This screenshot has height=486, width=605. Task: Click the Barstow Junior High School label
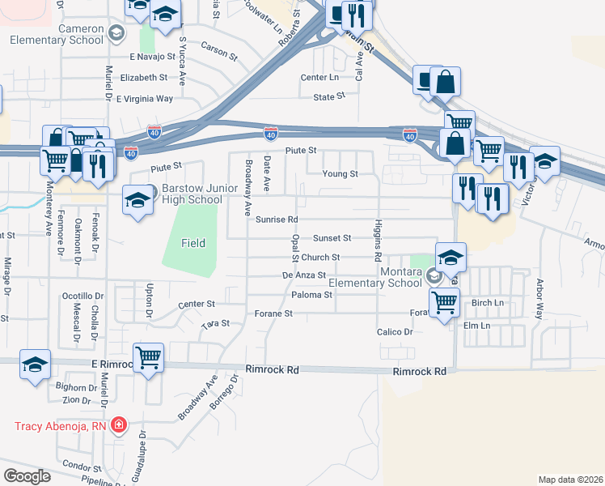tap(191, 193)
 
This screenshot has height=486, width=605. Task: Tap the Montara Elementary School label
tap(376, 277)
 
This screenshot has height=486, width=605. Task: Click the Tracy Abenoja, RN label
tap(61, 425)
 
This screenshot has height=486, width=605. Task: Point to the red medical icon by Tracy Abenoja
tap(119, 424)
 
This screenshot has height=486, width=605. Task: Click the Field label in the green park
tap(192, 242)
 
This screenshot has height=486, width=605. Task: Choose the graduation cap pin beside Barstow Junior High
tap(138, 198)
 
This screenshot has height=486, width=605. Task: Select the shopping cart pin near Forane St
tap(444, 303)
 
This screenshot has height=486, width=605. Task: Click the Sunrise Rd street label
tap(277, 220)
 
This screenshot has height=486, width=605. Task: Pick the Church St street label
tap(323, 257)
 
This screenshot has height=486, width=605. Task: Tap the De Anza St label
tap(303, 275)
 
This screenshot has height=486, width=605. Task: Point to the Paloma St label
tap(312, 295)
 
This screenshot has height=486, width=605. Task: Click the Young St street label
tap(340, 173)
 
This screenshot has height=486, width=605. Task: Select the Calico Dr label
tap(395, 332)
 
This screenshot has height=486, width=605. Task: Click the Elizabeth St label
tap(143, 78)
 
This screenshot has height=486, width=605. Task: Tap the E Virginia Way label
tap(145, 99)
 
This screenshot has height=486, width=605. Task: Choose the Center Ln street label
tap(319, 77)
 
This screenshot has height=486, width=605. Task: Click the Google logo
tap(27, 476)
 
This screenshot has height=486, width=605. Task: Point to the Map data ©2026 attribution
tap(569, 480)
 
